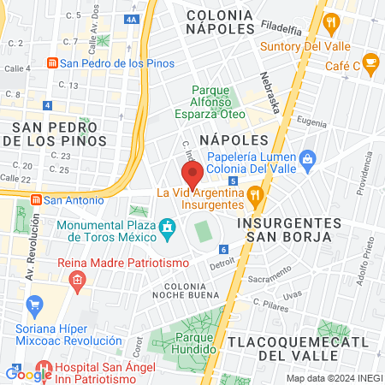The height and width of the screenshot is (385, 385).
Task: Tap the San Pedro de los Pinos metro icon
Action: pos(52,63)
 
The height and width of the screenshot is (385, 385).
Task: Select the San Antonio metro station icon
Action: pos(36,200)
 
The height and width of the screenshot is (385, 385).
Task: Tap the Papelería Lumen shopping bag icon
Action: pos(308,157)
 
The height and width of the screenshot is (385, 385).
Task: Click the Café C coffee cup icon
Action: pos(370,61)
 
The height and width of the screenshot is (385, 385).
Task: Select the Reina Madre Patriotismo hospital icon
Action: pos(77,279)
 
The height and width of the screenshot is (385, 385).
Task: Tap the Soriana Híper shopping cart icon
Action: pos(34,305)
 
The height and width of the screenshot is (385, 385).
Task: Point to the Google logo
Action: pos(28,374)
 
